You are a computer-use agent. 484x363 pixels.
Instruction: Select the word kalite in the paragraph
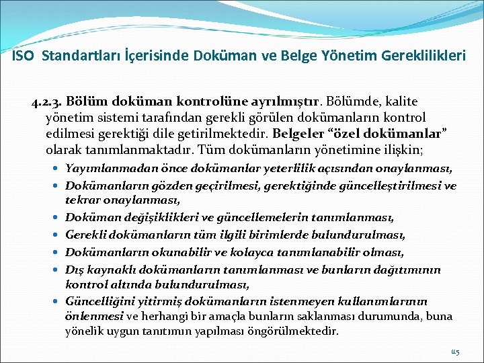[x=401, y=102]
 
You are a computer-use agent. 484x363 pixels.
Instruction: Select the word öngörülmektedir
[x=303, y=331]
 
